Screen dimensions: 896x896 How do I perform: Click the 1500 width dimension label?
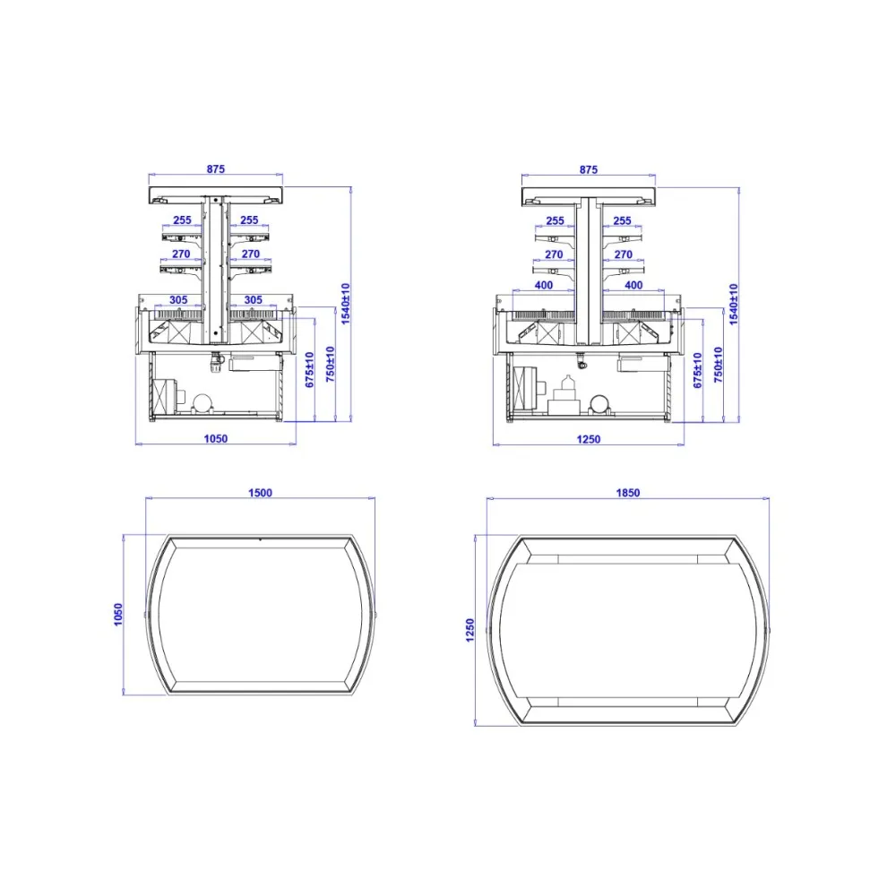tap(260, 493)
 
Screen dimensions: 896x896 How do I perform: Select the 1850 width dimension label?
tap(627, 493)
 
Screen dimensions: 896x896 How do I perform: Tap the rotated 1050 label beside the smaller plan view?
tap(118, 615)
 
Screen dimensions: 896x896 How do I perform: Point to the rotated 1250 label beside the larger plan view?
tap(470, 630)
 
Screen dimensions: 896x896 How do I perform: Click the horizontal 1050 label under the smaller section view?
tap(215, 439)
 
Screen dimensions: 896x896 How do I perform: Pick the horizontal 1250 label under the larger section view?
tap(588, 439)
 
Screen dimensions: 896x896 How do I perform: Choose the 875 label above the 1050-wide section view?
tap(215, 169)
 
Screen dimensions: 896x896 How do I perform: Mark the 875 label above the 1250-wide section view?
tap(588, 169)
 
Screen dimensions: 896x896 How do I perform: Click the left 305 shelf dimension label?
tap(178, 300)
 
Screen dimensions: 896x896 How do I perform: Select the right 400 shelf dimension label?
tap(633, 285)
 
